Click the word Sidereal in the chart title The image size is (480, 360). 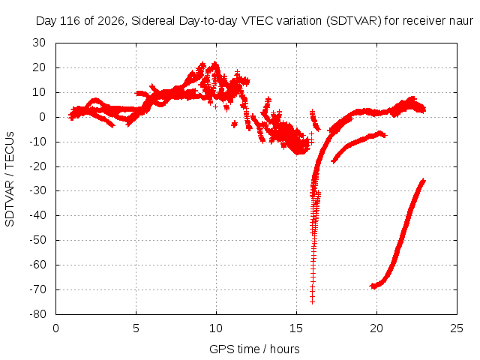(x=153, y=21)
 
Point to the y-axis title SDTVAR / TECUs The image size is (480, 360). (x=10, y=179)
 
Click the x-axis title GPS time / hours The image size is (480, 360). (x=254, y=349)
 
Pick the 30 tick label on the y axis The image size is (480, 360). (x=39, y=43)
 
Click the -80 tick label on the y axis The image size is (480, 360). (x=37, y=314)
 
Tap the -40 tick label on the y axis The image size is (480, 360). (x=37, y=215)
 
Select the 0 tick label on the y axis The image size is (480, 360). (x=42, y=117)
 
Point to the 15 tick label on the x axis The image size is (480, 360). (x=296, y=328)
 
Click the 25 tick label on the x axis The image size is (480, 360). (x=457, y=328)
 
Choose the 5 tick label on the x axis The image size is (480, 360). (x=136, y=328)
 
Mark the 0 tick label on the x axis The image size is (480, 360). (x=55, y=328)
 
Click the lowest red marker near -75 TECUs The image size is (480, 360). (x=312, y=301)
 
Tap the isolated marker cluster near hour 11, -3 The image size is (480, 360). (x=235, y=124)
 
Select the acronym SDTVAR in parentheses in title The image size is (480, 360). (x=353, y=21)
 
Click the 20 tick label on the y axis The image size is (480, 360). (x=39, y=67)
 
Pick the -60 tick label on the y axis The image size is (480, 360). (x=37, y=265)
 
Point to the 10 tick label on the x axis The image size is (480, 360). (x=216, y=328)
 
